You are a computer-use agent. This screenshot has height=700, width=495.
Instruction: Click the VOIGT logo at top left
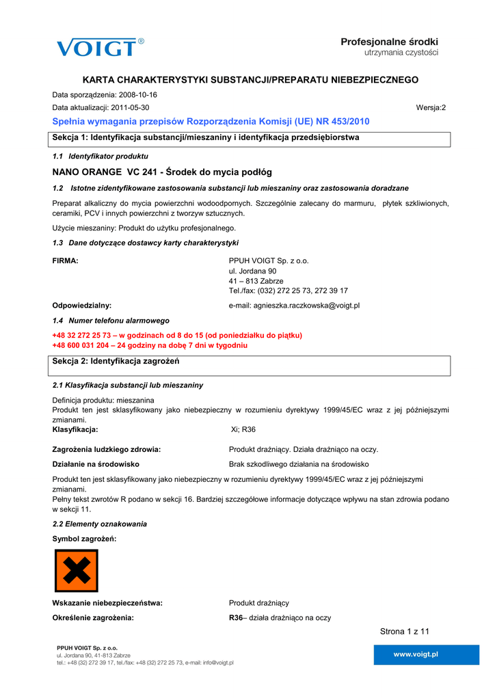pos(100,48)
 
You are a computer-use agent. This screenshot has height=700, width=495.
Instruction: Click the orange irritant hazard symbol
pos(77,571)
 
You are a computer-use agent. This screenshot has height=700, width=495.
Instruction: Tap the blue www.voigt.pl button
pos(416,654)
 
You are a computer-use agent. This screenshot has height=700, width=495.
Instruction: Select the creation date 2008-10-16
pos(138,95)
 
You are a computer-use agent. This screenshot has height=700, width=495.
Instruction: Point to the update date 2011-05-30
pos(130,108)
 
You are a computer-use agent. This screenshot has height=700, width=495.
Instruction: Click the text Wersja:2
pos(431,108)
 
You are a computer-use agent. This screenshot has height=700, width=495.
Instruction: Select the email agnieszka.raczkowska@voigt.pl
pos(294,306)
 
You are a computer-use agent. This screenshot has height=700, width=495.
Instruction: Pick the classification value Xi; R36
pos(243,430)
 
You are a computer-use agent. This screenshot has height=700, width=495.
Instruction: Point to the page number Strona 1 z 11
pos(404,631)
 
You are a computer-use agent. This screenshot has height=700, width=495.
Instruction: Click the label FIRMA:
pos(66,260)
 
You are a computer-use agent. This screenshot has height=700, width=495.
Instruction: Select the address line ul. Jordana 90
pos(252,271)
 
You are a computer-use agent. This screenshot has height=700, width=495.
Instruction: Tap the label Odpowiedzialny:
pos(82,306)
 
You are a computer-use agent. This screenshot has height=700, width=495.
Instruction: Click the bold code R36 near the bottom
pos(236,618)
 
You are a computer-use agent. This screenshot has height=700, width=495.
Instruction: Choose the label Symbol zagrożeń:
pos(84,539)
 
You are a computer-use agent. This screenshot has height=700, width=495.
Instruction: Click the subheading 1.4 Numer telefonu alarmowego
pos(111,321)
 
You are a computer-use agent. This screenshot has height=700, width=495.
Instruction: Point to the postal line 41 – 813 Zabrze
pos(256,281)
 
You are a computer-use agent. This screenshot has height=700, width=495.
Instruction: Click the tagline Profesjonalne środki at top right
pos(390,42)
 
